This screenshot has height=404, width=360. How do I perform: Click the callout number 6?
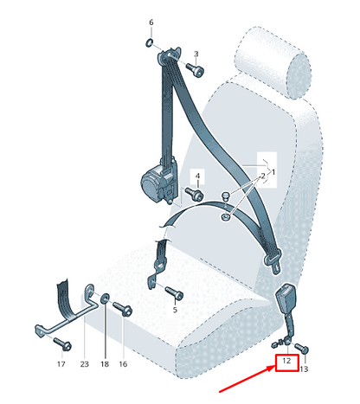151,22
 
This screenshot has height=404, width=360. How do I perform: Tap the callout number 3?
196,54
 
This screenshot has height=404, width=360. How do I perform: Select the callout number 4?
197,176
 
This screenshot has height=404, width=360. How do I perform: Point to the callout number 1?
273,172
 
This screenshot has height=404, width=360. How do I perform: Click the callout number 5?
175,311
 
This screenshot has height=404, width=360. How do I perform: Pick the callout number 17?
61,364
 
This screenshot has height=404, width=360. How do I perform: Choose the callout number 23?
84,364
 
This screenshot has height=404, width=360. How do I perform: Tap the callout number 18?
105,364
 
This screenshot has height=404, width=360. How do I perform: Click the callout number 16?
123,364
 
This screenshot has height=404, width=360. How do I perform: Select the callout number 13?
304,369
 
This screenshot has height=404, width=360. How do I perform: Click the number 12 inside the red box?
286,361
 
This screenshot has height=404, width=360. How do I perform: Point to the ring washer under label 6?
149,43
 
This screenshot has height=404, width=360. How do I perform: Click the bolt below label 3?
195,69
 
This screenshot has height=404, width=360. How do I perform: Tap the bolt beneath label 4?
194,194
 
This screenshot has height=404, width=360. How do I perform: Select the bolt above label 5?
174,293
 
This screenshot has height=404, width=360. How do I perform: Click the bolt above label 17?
62,343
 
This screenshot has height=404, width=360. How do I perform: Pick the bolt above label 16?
122,309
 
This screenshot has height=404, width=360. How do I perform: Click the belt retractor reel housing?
158,181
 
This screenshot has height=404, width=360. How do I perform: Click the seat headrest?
273,62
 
